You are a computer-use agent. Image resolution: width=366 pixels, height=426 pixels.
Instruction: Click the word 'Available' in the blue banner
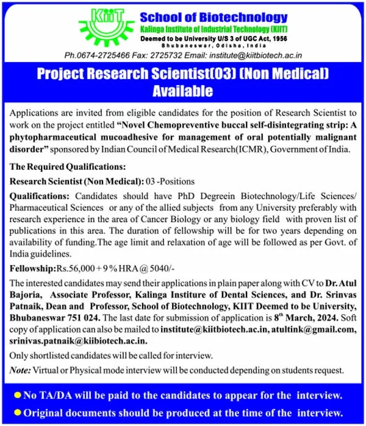183,92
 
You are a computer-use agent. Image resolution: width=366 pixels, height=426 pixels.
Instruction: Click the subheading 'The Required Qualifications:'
68,167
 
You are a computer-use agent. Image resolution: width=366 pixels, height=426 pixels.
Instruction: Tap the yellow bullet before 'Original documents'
17,412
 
